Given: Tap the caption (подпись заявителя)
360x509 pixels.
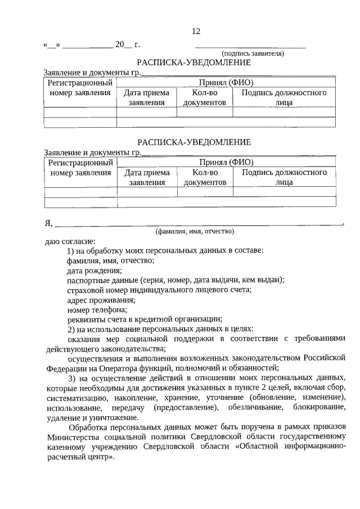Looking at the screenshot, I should point(253,53).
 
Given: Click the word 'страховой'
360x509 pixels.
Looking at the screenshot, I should point(83,289).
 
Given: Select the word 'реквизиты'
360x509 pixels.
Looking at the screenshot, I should point(85,318).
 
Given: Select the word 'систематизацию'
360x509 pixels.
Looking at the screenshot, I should point(75,397).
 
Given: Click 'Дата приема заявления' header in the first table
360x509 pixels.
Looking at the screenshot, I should point(146,98).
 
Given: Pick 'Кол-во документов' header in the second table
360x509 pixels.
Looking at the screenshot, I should point(205,177).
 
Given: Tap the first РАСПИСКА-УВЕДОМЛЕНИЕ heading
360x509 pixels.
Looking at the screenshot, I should point(194,63).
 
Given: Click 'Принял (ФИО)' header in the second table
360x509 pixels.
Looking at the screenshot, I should point(226,162).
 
